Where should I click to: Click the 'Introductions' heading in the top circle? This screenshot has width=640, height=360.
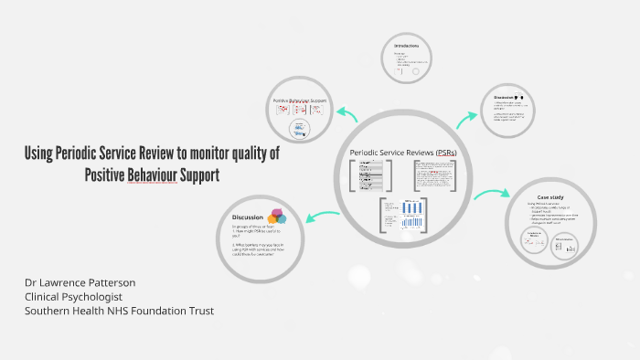tap(407, 46)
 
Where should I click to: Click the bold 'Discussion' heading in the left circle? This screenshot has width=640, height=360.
tap(248, 217)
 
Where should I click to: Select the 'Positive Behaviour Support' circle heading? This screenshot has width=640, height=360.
tap(300, 100)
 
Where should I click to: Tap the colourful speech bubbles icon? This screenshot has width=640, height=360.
tap(276, 217)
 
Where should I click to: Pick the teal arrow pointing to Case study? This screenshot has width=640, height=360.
tap(491, 195)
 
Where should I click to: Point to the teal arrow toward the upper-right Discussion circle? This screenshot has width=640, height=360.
tap(466, 114)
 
